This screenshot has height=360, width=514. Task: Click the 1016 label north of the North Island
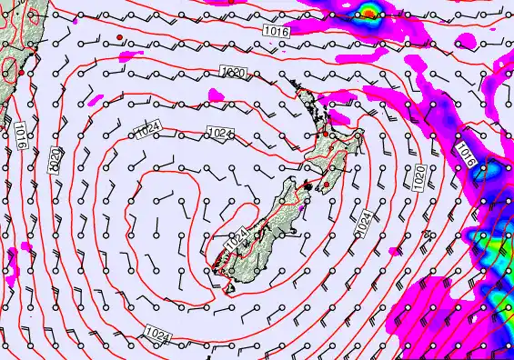tap(277, 32)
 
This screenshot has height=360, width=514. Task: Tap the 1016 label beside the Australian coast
tap(20, 138)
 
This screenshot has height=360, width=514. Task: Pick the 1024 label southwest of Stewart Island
tap(156, 336)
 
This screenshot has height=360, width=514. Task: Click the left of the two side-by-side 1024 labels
tap(151, 133)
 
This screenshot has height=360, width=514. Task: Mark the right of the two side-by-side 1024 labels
tap(219, 134)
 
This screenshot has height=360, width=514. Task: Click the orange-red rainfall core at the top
tap(368, 13)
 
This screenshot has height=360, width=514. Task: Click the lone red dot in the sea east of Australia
tap(119, 36)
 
